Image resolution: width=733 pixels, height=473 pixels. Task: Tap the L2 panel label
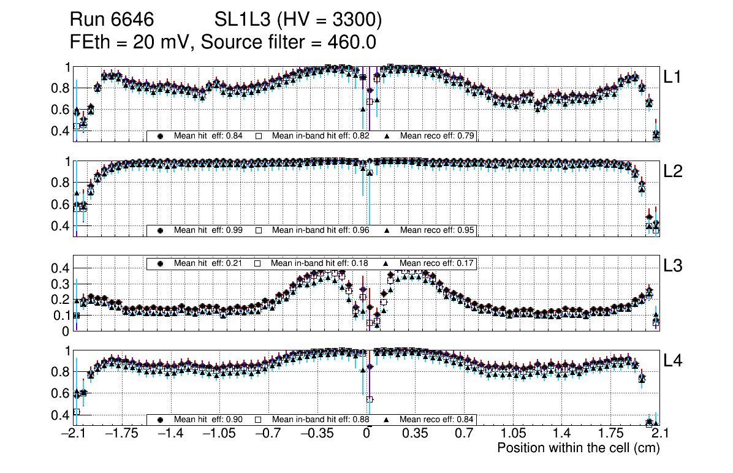(x=674, y=171)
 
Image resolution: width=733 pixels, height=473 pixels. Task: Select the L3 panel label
(x=674, y=266)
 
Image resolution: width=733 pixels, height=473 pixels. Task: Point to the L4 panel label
(x=674, y=360)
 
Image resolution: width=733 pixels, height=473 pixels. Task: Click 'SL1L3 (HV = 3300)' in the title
(x=298, y=21)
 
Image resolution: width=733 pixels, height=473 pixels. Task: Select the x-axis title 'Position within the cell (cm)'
(x=578, y=448)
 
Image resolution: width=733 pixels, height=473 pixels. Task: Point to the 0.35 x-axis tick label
(x=415, y=434)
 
